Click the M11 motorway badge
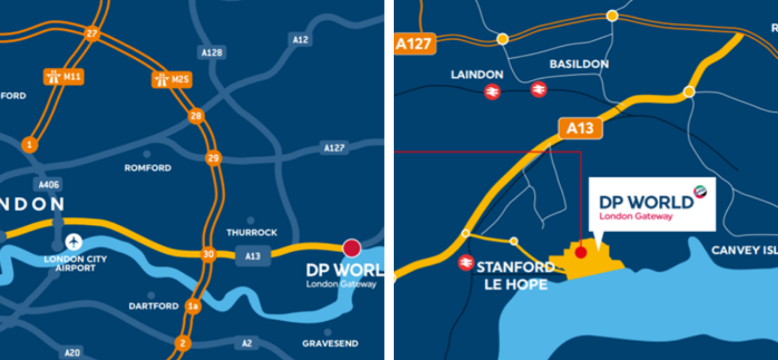coord(63,76)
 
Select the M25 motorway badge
coord(172,79)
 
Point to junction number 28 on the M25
coord(196,116)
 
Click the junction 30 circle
coord(208,254)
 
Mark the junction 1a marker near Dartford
coord(193,306)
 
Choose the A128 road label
coord(212,52)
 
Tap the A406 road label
coord(48,184)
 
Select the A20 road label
coord(72,353)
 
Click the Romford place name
coord(148,168)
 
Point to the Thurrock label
coord(252,232)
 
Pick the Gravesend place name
coord(330,343)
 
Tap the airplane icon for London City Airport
coord(74,242)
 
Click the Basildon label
coord(579,64)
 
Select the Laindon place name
coord(477,75)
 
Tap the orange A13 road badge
coord(580,128)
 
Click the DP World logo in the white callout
coord(652,204)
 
